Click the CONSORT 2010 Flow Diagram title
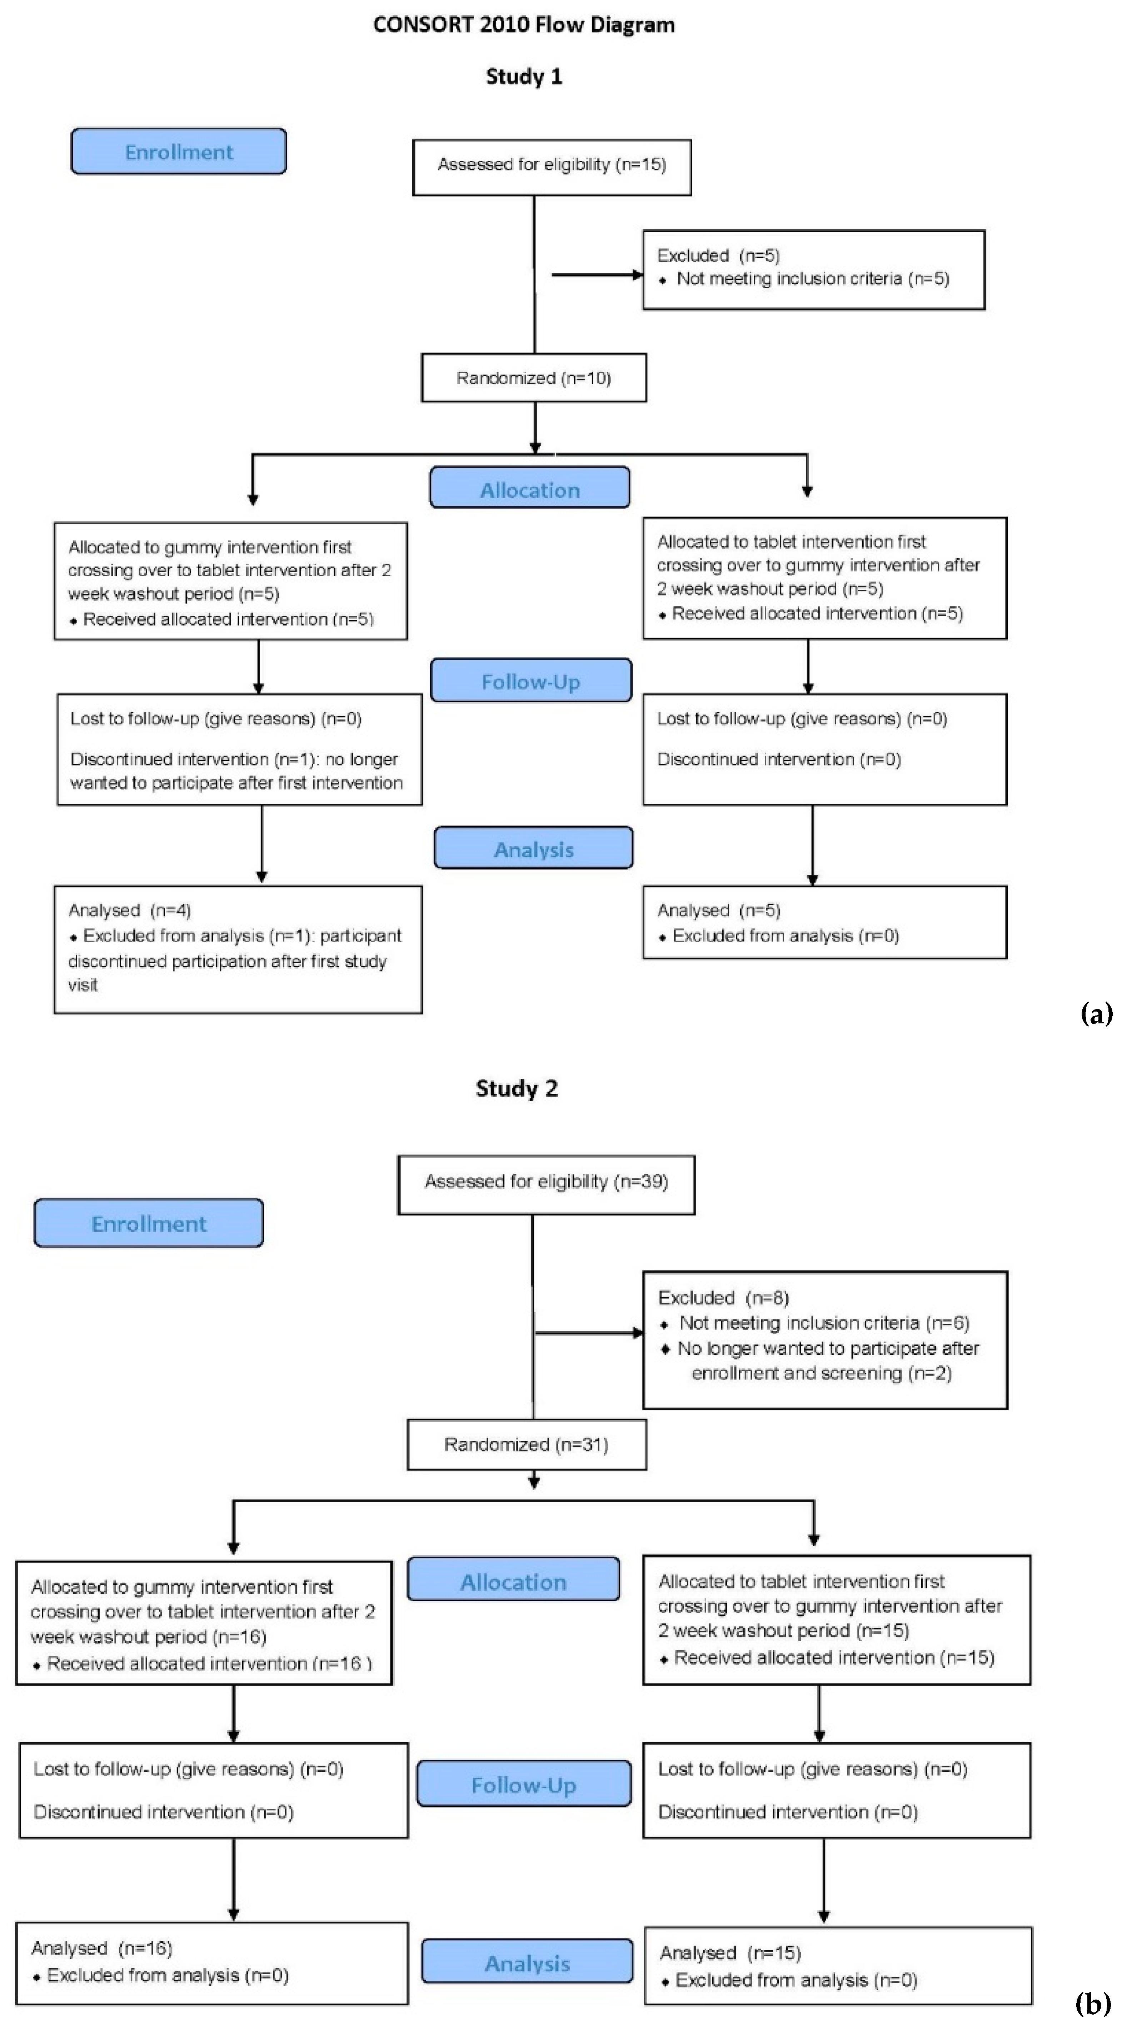524,24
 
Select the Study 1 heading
524,76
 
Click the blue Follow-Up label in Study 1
531,681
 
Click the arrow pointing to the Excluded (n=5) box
598,274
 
